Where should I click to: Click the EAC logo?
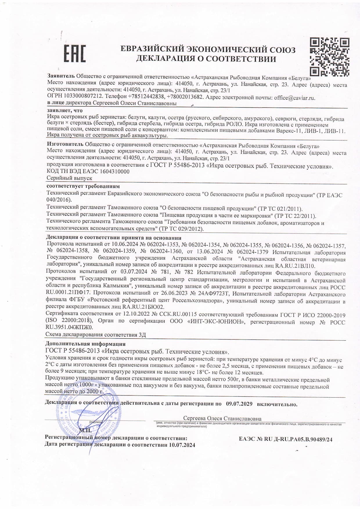(x=75, y=53)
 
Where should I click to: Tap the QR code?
(x=330, y=57)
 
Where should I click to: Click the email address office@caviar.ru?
(x=295, y=98)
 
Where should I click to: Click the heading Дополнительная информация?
(x=86, y=344)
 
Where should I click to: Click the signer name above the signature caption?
(x=222, y=418)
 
